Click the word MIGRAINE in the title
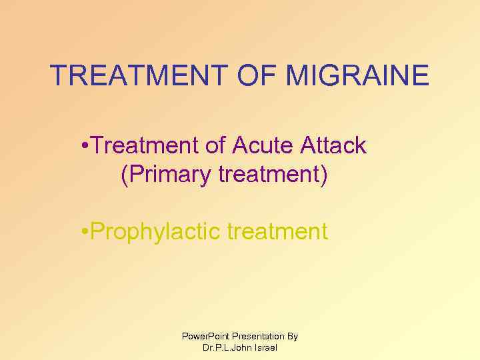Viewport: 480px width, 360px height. click(357, 75)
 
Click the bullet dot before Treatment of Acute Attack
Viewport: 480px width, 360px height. click(82, 145)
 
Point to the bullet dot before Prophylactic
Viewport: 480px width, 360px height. click(82, 232)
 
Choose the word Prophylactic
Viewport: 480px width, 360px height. click(156, 232)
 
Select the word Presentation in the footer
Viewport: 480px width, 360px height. click(257, 337)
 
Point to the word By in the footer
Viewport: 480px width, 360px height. click(293, 337)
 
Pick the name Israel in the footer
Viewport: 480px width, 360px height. click(266, 348)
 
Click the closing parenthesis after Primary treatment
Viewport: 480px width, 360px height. click(324, 175)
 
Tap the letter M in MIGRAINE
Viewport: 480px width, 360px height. click(297, 75)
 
